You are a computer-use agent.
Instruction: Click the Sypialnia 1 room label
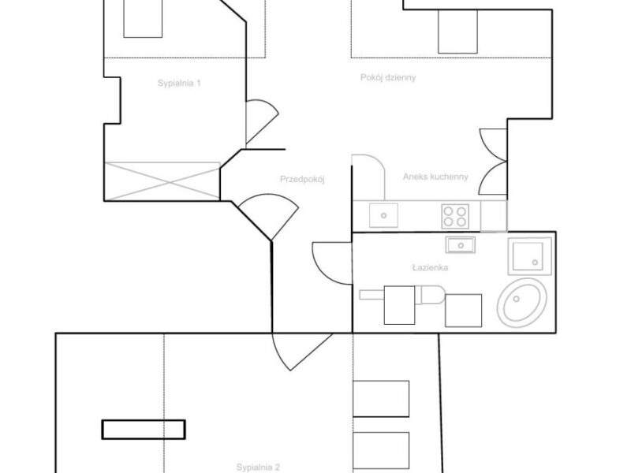179,84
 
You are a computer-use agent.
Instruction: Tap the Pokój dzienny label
388,77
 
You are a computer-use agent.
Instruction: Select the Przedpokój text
302,180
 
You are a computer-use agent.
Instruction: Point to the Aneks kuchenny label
435,177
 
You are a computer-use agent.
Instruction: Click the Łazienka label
430,267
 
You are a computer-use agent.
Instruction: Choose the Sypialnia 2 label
258,467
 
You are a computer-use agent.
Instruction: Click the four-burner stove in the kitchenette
455,216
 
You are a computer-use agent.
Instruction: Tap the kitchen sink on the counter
383,215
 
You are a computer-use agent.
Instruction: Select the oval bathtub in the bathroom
522,303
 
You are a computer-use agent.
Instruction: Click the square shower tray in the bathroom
529,256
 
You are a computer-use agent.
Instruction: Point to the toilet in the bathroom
430,295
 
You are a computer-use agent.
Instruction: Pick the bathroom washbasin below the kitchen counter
461,245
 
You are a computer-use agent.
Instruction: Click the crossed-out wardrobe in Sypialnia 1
162,181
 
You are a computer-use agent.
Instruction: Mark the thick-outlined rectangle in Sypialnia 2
144,430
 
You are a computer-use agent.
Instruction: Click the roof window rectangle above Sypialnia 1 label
143,18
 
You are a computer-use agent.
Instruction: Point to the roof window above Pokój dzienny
457,32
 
